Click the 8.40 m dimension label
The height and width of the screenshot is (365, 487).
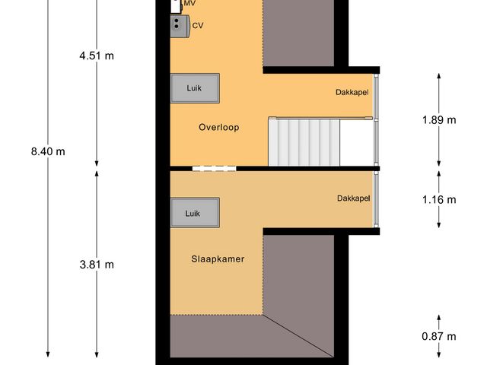click(48, 151)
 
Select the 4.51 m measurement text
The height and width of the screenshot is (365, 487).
click(96, 55)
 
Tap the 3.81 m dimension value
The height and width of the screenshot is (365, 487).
click(96, 265)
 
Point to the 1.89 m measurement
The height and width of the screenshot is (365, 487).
click(439, 120)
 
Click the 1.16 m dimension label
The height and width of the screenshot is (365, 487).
click(439, 200)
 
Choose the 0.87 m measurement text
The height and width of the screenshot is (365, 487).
click(439, 336)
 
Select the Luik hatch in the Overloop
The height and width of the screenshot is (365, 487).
click(195, 87)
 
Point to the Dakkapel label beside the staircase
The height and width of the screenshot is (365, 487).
click(352, 93)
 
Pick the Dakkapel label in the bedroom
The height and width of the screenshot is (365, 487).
click(353, 198)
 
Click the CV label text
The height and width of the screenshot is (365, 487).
click(198, 26)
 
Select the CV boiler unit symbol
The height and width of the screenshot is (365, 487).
click(180, 26)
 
